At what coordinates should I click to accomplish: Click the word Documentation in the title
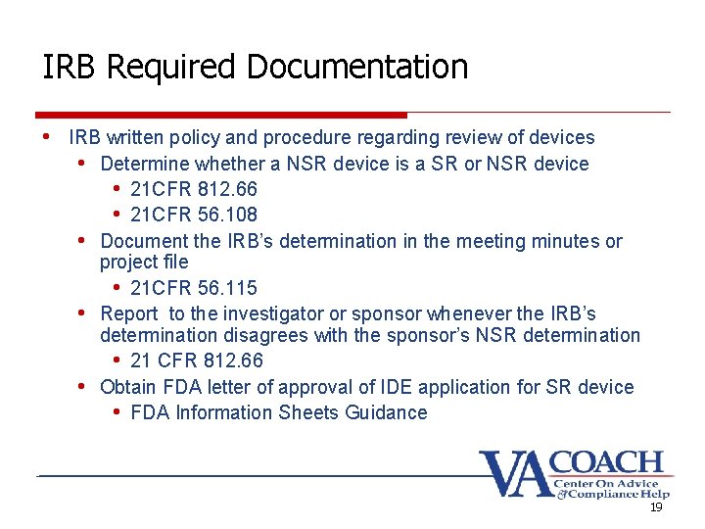pyautogui.click(x=357, y=68)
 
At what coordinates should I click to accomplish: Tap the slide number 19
pyautogui.click(x=656, y=507)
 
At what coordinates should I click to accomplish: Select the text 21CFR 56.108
pyautogui.click(x=194, y=215)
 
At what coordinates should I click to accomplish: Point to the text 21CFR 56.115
pyautogui.click(x=194, y=288)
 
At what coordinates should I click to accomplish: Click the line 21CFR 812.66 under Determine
pyautogui.click(x=194, y=189)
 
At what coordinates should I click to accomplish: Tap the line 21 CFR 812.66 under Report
pyautogui.click(x=197, y=361)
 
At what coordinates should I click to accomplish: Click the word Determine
pyautogui.click(x=145, y=164)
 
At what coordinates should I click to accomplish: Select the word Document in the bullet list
pyautogui.click(x=143, y=241)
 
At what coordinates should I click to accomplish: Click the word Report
pyautogui.click(x=129, y=313)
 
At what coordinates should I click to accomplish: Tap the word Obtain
pyautogui.click(x=128, y=387)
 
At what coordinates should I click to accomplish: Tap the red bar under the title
pyautogui.click(x=220, y=115)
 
